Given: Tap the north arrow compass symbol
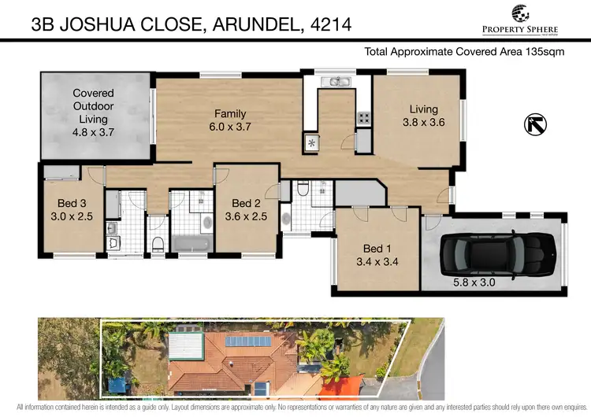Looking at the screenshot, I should click(533, 124).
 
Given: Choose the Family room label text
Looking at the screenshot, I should click(230, 113).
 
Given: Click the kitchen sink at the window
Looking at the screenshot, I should click(336, 81).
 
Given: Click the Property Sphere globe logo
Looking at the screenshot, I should click(522, 13).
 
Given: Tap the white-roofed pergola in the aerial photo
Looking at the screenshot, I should click(186, 345).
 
